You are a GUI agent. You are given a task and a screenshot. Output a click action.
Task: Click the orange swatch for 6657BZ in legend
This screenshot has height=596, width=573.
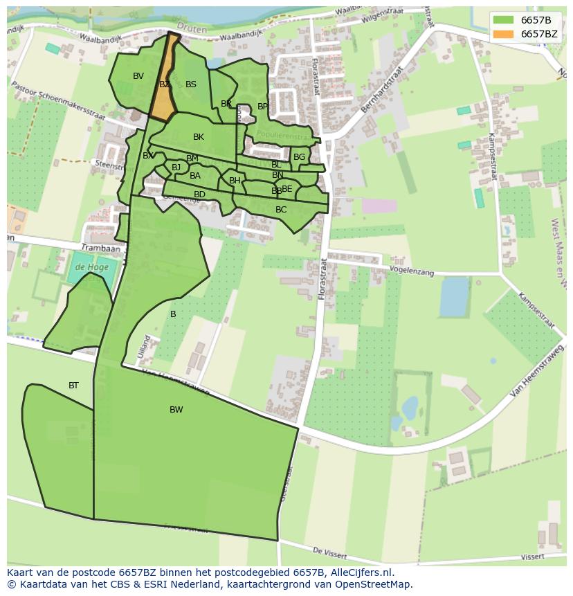[504, 34]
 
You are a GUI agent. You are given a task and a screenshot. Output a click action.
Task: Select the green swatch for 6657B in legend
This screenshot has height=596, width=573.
[504, 20]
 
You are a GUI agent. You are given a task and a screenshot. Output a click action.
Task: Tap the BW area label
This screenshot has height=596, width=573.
[176, 410]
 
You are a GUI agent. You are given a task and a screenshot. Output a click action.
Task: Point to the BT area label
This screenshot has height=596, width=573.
[73, 386]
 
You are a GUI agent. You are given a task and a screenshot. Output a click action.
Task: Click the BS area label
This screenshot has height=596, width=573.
[191, 84]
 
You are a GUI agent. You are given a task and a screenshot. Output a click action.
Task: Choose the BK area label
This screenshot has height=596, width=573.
[199, 137]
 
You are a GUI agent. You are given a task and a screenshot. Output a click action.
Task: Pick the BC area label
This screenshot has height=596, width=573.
[281, 210]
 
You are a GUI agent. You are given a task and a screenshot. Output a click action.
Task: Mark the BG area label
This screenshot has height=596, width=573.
[299, 157]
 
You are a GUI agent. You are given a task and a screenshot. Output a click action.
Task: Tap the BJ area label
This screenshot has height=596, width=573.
[176, 167]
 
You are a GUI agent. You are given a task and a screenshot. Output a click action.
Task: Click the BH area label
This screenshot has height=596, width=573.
[235, 181]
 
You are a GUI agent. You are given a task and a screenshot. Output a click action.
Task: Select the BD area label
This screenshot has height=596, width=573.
[199, 195]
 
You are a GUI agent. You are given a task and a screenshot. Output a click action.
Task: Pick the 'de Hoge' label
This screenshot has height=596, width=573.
[89, 267]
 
